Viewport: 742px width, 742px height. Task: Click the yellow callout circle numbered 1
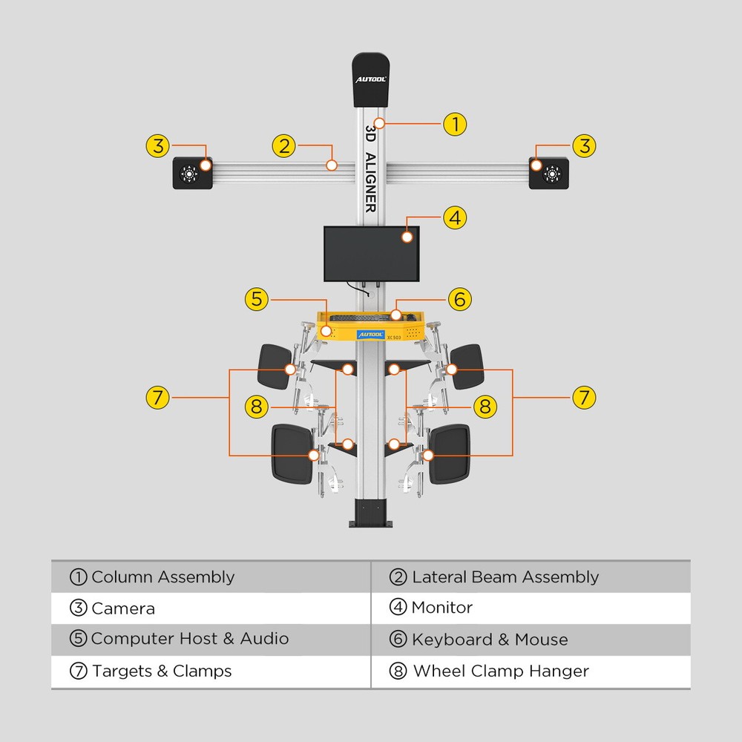tap(455, 123)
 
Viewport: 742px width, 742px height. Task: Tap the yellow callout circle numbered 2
tap(284, 145)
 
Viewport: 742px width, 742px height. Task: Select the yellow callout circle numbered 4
tap(455, 218)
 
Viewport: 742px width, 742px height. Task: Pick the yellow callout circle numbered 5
tap(257, 299)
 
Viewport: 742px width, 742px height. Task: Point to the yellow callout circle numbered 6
tap(459, 299)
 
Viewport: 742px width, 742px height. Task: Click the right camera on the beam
tap(549, 174)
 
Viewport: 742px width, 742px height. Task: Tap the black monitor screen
tap(371, 254)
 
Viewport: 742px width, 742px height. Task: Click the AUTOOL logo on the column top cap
tap(371, 78)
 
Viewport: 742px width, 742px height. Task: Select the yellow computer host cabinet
tap(371, 326)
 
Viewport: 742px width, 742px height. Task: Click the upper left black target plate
tap(274, 367)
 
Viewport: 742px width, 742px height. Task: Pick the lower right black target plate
tap(450, 453)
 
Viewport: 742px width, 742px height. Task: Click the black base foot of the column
tap(370, 513)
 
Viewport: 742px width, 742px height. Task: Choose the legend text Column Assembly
tap(162, 577)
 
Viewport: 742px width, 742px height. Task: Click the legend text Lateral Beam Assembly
tap(505, 577)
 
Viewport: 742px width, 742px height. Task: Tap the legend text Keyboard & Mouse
tap(490, 640)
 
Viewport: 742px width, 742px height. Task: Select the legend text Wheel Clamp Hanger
tap(500, 672)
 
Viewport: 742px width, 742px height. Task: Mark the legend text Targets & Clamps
tap(162, 672)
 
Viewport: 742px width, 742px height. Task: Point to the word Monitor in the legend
tap(441, 608)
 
